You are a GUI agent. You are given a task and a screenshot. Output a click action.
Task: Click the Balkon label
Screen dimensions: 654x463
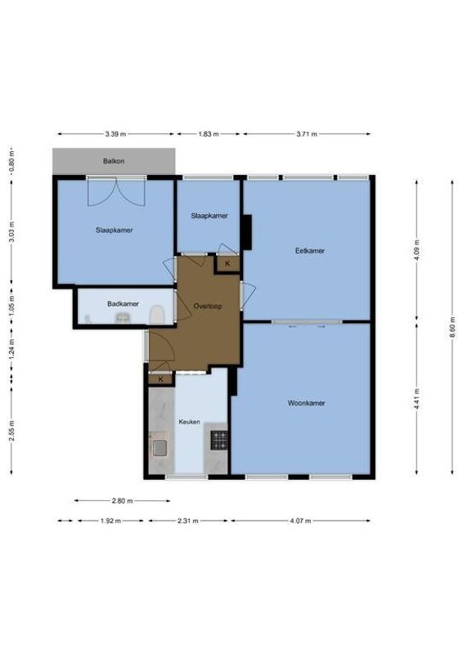click(114, 161)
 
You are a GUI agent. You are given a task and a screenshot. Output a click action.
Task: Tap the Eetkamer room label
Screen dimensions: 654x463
click(310, 251)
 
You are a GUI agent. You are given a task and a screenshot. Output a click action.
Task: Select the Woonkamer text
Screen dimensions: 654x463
click(307, 403)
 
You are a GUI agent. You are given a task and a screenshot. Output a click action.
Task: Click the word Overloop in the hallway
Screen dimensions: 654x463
click(208, 306)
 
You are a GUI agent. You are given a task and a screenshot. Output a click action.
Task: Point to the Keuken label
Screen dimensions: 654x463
click(189, 422)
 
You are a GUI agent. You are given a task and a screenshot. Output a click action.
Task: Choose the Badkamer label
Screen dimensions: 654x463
click(123, 304)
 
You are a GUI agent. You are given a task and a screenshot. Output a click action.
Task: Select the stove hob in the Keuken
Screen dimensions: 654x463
click(218, 441)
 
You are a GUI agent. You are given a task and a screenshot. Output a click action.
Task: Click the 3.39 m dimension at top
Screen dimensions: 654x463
click(115, 134)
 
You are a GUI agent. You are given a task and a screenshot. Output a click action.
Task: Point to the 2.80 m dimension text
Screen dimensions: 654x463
click(122, 501)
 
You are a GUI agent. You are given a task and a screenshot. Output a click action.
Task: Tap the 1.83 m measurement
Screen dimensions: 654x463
click(209, 134)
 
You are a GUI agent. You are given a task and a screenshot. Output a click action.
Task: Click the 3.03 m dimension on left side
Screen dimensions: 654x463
click(11, 228)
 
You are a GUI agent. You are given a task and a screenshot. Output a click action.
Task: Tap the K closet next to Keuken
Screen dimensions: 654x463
click(161, 379)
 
